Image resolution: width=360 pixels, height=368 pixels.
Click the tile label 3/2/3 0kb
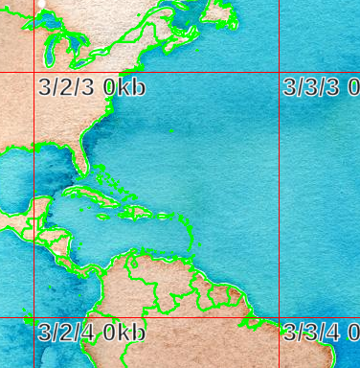click(x=92, y=87)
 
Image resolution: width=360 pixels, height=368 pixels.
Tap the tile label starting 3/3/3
click(x=321, y=87)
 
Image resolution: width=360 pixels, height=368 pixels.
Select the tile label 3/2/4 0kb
click(x=92, y=333)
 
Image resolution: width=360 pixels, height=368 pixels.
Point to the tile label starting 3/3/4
click(x=321, y=333)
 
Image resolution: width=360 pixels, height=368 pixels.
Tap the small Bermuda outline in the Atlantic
click(x=170, y=129)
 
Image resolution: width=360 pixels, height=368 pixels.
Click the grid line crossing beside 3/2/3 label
click(x=34, y=73)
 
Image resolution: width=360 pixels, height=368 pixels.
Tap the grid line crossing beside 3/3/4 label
click(x=280, y=318)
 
